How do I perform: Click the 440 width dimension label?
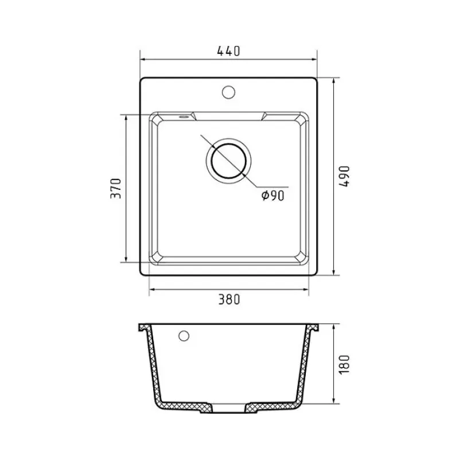click(228, 51)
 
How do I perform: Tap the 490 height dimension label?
click(344, 176)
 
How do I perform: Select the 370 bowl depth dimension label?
click(116, 188)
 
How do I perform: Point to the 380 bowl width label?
click(229, 299)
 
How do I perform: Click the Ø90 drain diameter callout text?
click(273, 195)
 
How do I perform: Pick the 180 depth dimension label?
click(344, 364)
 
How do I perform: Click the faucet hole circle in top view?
click(228, 92)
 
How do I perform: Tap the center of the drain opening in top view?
click(228, 161)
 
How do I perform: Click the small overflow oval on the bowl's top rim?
click(184, 116)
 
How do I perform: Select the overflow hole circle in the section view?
click(184, 336)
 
